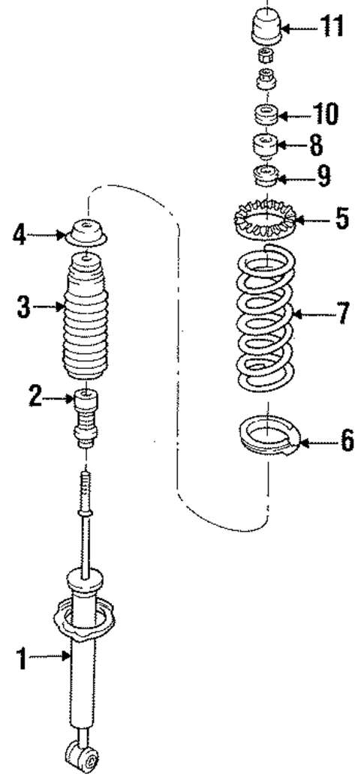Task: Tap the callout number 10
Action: pos(326,115)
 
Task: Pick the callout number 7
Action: pos(342,312)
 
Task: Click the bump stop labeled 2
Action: pos(89,416)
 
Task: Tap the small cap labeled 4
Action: pos(89,232)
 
